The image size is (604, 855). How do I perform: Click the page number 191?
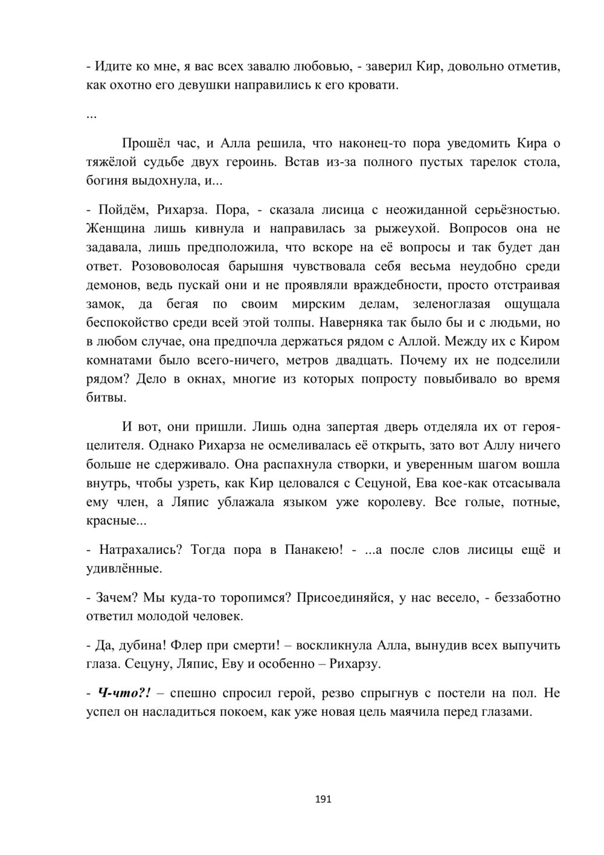click(x=324, y=799)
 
